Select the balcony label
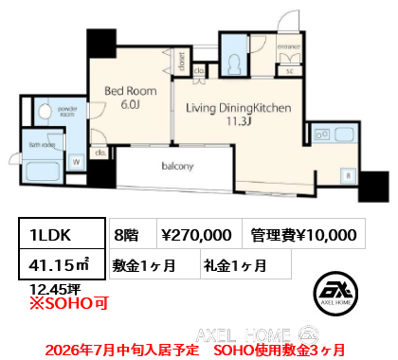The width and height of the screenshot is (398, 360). click(177, 168)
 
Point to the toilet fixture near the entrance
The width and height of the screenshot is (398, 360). click(232, 62)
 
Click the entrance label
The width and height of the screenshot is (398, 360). click(288, 45)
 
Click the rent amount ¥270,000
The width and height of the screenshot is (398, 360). click(197, 234)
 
